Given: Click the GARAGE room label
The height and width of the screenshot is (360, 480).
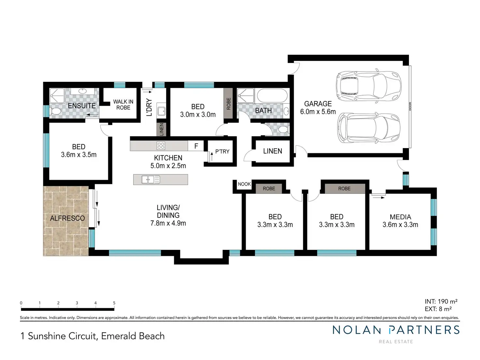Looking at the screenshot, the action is click(x=318, y=104).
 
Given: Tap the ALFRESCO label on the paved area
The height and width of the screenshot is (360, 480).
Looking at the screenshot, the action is click(x=67, y=218).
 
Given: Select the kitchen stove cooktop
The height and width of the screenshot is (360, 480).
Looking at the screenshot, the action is click(x=161, y=145).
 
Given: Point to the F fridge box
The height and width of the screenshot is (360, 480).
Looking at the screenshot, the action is click(x=196, y=146).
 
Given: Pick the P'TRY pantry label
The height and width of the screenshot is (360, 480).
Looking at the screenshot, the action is click(x=222, y=152).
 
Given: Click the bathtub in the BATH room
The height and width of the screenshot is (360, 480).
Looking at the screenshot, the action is click(x=272, y=96).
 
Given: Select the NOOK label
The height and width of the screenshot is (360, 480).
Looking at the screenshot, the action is click(x=244, y=184).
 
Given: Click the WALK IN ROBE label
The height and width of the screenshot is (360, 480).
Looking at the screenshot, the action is click(x=123, y=105).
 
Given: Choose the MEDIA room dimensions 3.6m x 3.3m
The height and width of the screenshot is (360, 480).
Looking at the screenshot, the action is click(x=400, y=224).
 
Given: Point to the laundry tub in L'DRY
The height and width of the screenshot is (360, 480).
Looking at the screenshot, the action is click(x=161, y=111).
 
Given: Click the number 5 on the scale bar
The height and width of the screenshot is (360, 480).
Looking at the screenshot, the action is click(x=114, y=303).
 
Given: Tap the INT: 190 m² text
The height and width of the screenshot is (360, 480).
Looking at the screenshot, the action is click(x=441, y=301).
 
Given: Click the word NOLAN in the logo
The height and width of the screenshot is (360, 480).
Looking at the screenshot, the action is click(x=356, y=330).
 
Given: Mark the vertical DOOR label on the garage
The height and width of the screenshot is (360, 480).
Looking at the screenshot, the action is click(x=410, y=106).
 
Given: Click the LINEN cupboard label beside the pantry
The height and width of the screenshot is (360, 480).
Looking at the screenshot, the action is click(x=273, y=151).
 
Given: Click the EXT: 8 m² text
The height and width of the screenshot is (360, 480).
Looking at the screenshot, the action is click(x=438, y=309).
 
